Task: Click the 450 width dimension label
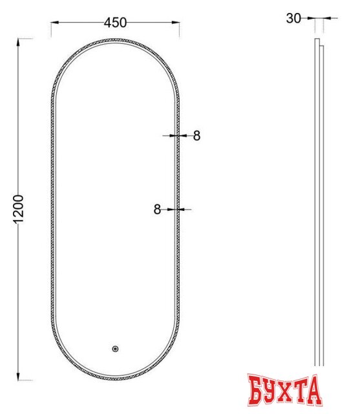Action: click(x=114, y=23)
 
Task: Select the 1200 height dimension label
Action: click(x=18, y=209)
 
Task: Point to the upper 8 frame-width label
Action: click(x=196, y=136)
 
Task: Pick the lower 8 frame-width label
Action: click(x=157, y=209)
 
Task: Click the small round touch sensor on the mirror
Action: click(x=115, y=349)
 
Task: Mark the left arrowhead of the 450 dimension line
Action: click(x=54, y=23)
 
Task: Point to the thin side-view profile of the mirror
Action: click(x=317, y=207)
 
